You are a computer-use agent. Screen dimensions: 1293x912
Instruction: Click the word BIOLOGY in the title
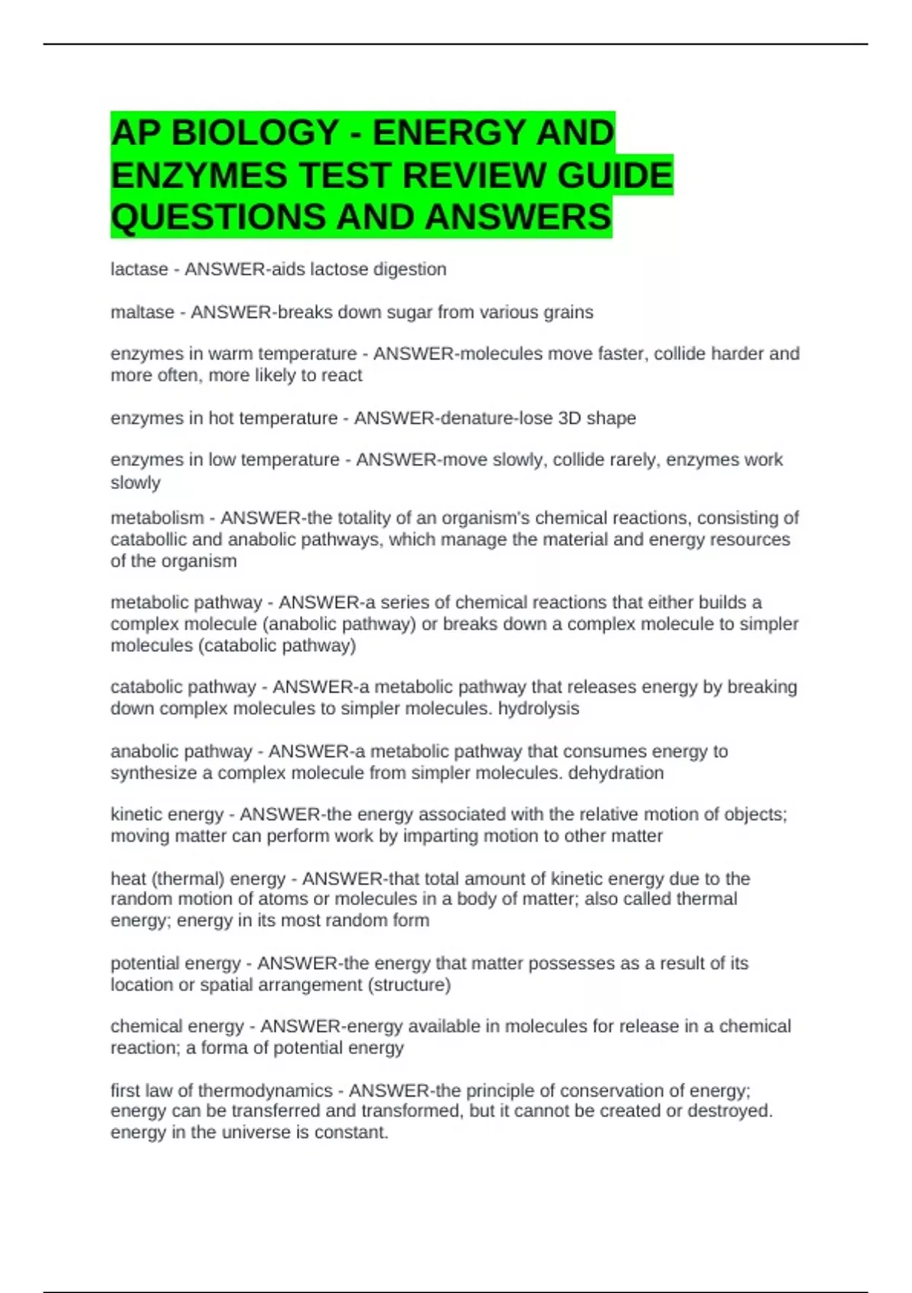point(255,133)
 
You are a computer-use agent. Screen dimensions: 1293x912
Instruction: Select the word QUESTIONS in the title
point(218,218)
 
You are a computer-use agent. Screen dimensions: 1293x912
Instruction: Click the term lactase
point(139,269)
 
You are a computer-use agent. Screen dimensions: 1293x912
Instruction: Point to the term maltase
point(142,313)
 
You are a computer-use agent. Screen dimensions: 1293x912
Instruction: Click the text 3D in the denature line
point(569,418)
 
